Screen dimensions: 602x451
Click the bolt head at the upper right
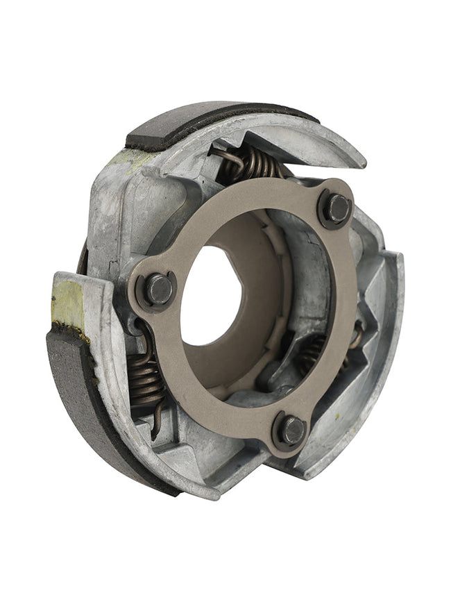338,207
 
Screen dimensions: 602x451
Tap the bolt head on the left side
159,289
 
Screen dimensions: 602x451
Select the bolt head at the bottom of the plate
292,430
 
